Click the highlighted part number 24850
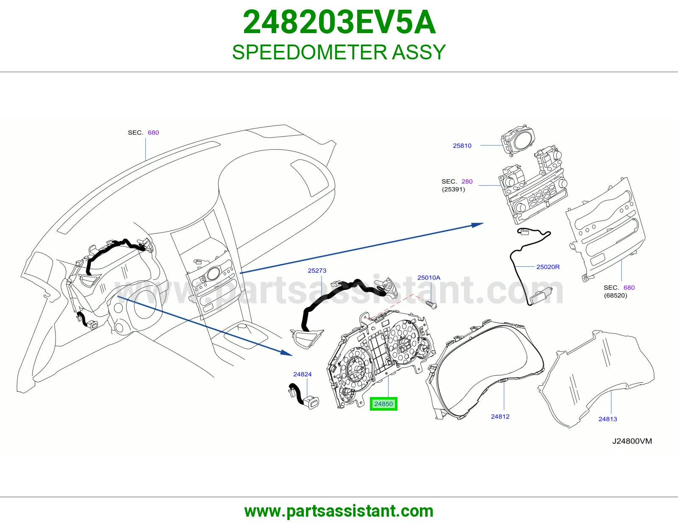[383, 404]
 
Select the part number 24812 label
[500, 417]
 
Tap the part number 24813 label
[608, 419]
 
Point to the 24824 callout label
[302, 374]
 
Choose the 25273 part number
[317, 271]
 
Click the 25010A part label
[429, 278]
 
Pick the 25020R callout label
[548, 267]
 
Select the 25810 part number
[462, 145]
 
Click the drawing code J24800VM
[632, 441]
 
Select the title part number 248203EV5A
[339, 22]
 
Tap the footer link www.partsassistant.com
[339, 511]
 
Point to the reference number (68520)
[615, 296]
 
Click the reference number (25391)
[453, 189]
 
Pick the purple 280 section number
[467, 182]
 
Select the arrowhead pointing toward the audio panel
[478, 225]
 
